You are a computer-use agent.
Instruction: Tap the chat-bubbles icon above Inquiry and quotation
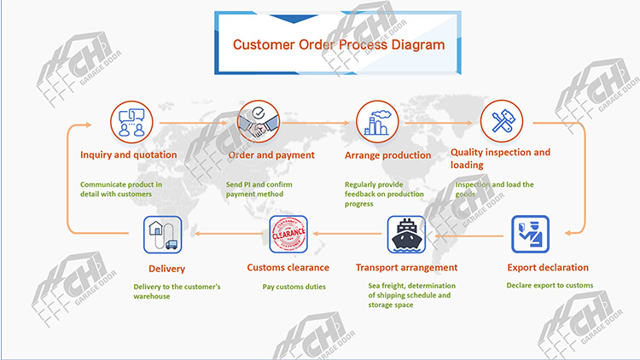[x=130, y=121]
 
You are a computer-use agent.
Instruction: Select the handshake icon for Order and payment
[x=258, y=121]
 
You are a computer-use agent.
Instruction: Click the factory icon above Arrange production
[x=375, y=121]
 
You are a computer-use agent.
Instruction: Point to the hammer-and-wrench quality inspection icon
[x=501, y=121]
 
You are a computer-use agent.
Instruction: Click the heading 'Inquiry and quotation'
[x=129, y=155]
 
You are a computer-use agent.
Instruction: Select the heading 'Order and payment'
[x=259, y=155]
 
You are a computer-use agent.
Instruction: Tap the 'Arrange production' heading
[x=387, y=155]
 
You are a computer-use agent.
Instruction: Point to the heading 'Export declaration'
[x=544, y=268]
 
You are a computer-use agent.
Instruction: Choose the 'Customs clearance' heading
[x=288, y=268]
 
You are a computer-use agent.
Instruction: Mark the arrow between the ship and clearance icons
[x=346, y=233]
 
